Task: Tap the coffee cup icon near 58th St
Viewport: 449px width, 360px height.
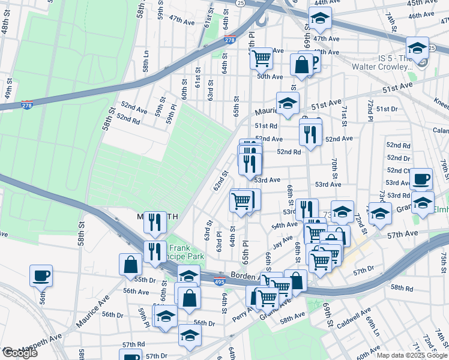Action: coord(41,276)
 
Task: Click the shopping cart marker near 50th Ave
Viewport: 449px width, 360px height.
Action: coord(262,58)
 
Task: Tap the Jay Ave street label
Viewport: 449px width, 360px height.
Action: coord(282,244)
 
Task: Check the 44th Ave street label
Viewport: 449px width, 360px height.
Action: coord(322,2)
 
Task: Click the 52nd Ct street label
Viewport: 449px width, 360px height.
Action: coord(398,170)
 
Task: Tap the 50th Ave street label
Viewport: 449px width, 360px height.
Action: coord(270,76)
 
